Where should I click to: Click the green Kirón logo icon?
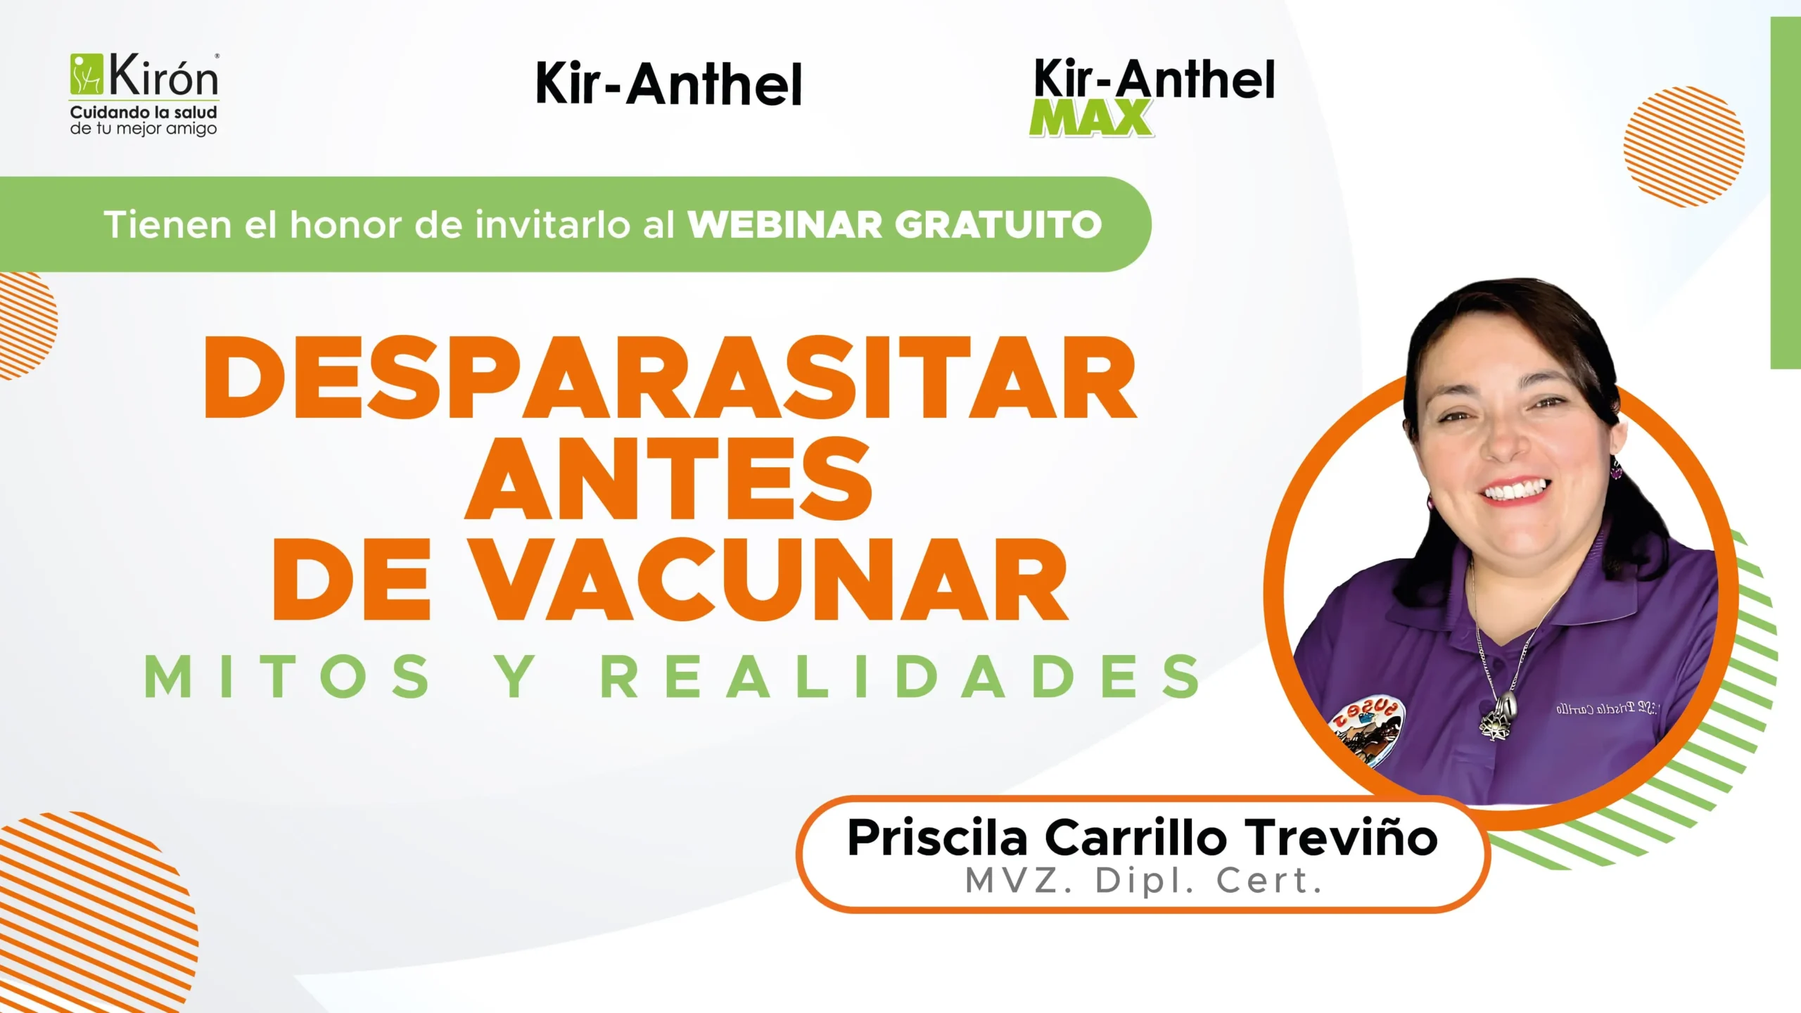click(x=87, y=75)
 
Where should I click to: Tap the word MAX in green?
click(x=1091, y=117)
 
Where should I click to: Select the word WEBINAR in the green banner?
click(x=784, y=225)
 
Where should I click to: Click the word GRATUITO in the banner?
click(x=998, y=225)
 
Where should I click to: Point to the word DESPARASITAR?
click(x=670, y=378)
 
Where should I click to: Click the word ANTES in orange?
click(x=668, y=479)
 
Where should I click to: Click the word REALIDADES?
click(x=901, y=676)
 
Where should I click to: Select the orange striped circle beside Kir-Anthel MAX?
click(x=1684, y=146)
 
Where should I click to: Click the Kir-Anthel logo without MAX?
click(x=668, y=84)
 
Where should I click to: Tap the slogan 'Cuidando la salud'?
click(x=144, y=113)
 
